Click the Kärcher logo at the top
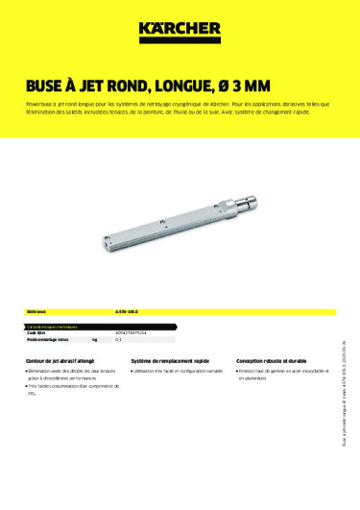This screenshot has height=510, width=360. coord(180,32)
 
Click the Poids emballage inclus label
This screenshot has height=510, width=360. coord(49,341)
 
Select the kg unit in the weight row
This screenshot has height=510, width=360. coord(94,341)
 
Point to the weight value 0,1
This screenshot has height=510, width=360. coord(118,341)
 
